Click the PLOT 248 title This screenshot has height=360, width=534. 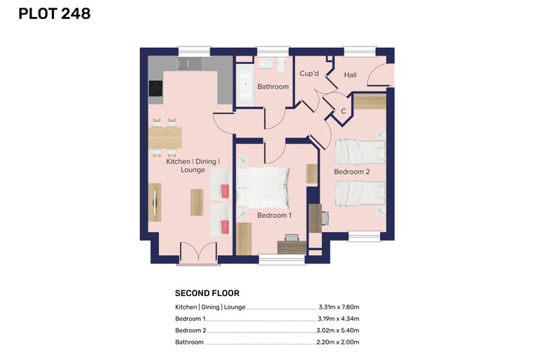[55, 13]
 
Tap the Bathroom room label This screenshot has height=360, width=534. [273, 86]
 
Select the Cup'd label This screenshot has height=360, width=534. [309, 73]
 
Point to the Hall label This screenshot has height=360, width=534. [350, 75]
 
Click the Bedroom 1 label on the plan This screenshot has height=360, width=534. [274, 215]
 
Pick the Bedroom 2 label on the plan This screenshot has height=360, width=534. [352, 172]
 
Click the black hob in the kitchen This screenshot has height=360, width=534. [156, 89]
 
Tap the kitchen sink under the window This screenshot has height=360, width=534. [189, 63]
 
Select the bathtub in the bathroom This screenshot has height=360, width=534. [245, 84]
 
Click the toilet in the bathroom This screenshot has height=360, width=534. [280, 65]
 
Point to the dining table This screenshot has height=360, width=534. [165, 138]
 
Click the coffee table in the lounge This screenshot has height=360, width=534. [197, 202]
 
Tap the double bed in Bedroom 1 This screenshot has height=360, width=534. [263, 187]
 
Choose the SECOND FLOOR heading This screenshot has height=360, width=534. [207, 293]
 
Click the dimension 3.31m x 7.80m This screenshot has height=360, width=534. [339, 307]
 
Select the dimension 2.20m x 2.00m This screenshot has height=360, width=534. [338, 342]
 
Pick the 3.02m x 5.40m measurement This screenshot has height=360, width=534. [338, 330]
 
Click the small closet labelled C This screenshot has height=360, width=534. [343, 111]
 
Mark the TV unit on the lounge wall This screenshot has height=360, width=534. [155, 202]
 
